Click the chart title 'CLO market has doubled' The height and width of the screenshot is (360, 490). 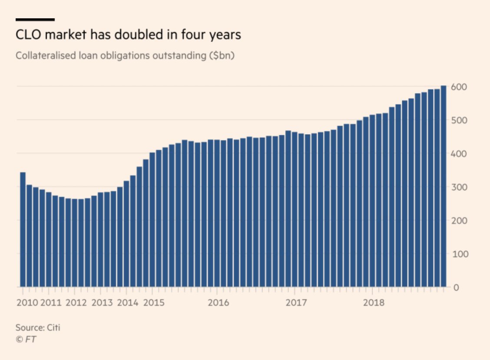128,35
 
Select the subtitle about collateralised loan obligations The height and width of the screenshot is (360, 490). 125,56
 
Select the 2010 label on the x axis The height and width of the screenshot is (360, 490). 27,303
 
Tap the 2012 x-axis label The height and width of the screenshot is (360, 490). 77,303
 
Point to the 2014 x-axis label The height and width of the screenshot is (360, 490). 128,303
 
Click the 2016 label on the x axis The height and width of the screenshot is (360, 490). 219,303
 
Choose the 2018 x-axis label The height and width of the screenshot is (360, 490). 374,303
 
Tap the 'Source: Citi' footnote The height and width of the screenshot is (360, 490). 38,327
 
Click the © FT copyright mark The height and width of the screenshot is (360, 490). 26,339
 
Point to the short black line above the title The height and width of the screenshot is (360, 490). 35,20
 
